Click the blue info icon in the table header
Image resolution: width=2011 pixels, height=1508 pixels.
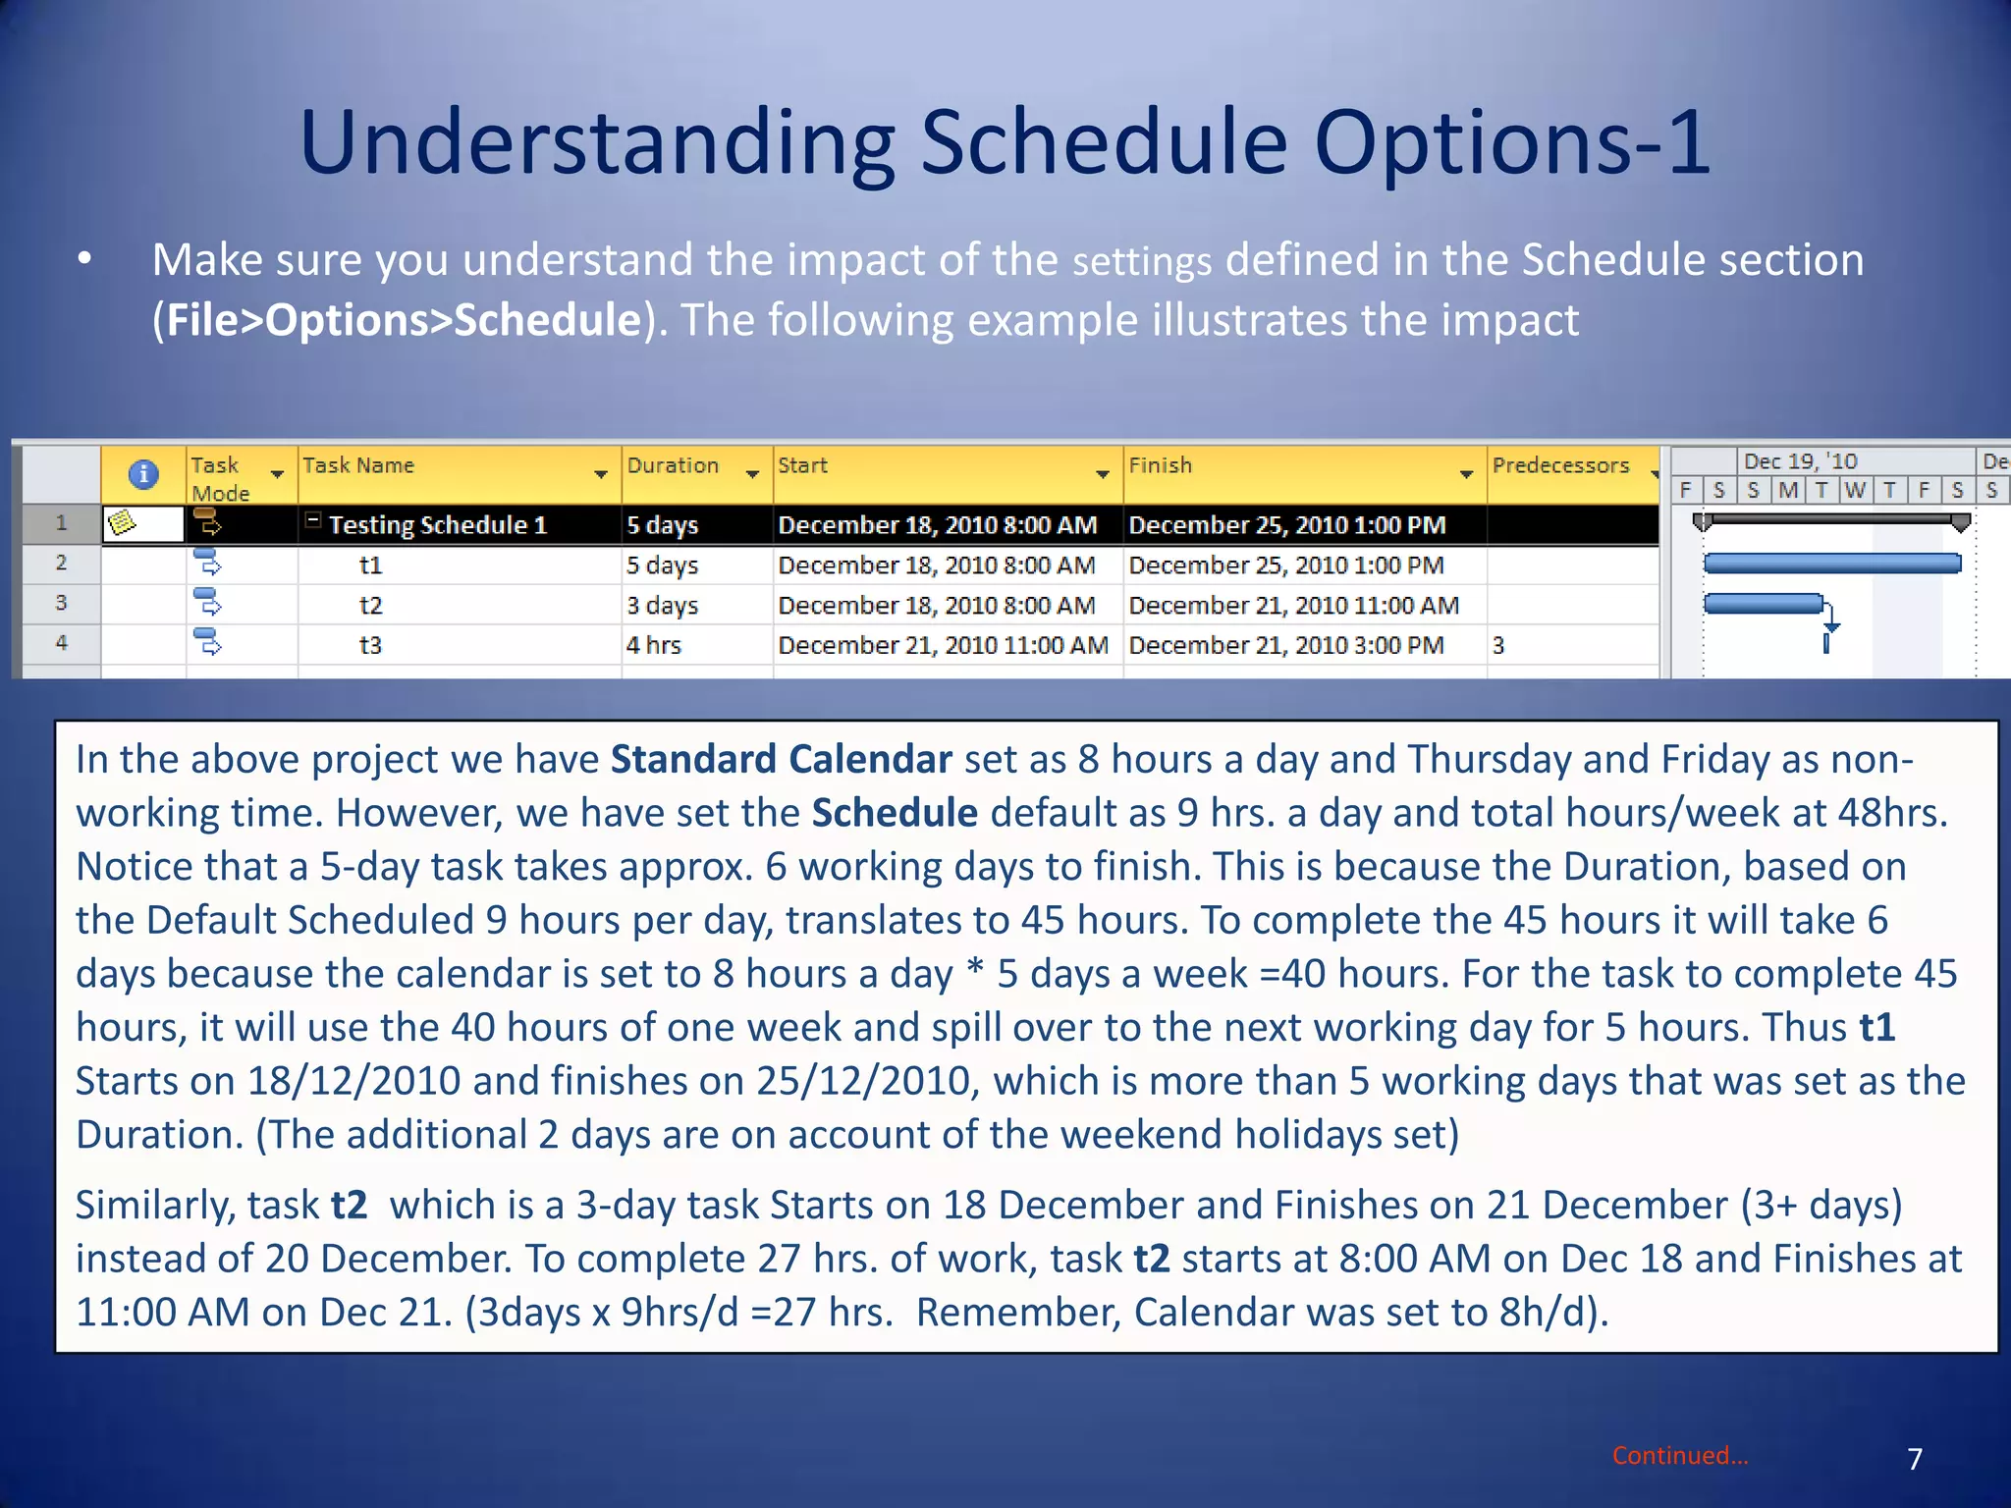click(x=143, y=474)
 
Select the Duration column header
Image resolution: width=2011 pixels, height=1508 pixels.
click(x=674, y=465)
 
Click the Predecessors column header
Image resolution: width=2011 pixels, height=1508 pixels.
click(x=1560, y=465)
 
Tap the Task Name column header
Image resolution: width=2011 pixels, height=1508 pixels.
click(x=358, y=465)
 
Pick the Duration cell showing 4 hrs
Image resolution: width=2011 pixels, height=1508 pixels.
click(x=654, y=645)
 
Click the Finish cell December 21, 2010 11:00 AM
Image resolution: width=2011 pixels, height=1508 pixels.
click(x=1293, y=605)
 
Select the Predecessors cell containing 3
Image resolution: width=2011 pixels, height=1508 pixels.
click(x=1498, y=645)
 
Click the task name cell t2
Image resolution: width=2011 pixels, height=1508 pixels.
click(x=370, y=605)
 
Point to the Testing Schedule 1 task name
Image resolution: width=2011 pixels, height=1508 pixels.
click(x=437, y=524)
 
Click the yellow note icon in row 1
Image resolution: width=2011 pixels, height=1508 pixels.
click(x=122, y=523)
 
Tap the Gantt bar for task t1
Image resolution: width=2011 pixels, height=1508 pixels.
click(x=1831, y=563)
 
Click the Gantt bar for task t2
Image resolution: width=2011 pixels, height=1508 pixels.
click(x=1763, y=603)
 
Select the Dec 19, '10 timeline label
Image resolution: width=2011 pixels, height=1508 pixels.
click(x=1800, y=461)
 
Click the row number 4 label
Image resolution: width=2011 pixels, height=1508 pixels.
click(x=61, y=643)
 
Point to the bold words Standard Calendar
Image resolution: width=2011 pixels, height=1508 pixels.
click(x=781, y=759)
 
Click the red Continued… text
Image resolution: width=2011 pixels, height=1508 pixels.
click(x=1680, y=1455)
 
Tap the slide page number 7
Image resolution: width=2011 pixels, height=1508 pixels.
click(x=1914, y=1459)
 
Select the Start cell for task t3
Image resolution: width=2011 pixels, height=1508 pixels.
click(x=942, y=645)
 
